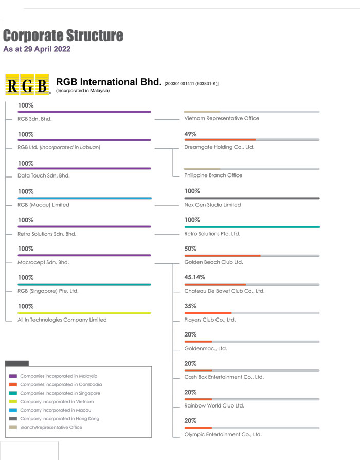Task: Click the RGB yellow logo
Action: coord(27,84)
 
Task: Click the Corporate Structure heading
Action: coord(63,36)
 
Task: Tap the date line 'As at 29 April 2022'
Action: coord(37,50)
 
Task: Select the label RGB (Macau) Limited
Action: coord(43,205)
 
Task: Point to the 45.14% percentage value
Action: coord(195,277)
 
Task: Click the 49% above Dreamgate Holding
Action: coord(190,134)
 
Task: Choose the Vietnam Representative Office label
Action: coord(222,118)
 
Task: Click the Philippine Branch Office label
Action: coord(213,175)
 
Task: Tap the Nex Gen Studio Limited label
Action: coord(212,205)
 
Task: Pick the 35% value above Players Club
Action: coord(190,306)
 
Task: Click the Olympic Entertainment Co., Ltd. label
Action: coord(223,434)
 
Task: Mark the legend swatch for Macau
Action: coord(13,410)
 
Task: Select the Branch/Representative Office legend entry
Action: coord(51,427)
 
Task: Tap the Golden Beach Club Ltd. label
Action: coord(213,262)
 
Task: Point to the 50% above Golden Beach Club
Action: coord(190,249)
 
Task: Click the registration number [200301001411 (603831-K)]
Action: coord(191,84)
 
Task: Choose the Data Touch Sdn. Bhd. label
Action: coord(44,175)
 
